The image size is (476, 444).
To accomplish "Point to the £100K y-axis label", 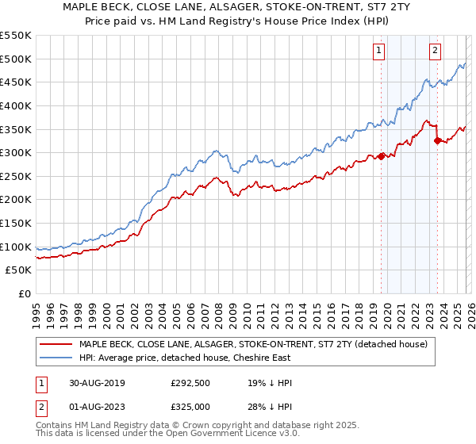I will (x=16, y=247).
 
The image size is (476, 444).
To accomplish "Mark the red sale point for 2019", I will (x=381, y=155).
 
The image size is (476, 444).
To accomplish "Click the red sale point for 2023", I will (x=436, y=140).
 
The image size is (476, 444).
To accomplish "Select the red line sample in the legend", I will (x=56, y=344).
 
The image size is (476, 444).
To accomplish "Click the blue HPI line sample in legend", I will (x=56, y=358).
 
